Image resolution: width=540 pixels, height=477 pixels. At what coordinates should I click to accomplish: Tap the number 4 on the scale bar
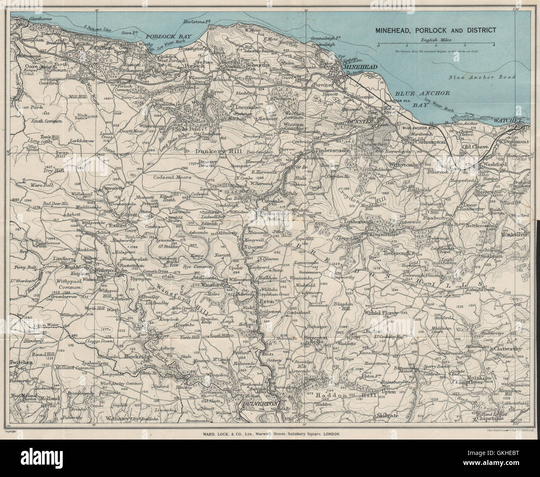(x=494, y=45)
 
